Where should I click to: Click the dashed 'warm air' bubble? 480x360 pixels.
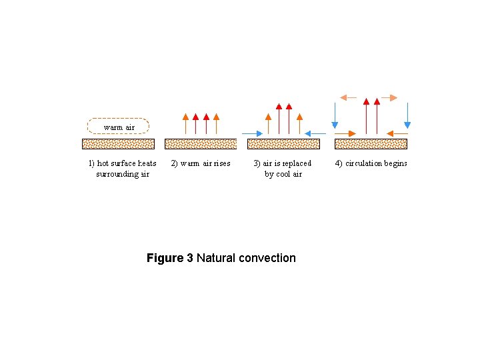tap(119, 126)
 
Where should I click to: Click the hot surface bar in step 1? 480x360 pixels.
tap(119, 143)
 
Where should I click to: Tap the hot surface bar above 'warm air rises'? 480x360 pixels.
tap(201, 143)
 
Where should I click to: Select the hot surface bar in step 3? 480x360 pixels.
tap(283, 143)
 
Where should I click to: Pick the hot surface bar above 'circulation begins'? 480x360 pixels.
tap(371, 143)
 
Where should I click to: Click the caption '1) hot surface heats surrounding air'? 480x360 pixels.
tap(123, 169)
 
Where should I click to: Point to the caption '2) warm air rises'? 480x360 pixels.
tap(201, 163)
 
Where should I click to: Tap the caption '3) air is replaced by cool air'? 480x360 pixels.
tap(283, 169)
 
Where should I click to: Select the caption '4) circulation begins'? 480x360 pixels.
tap(371, 163)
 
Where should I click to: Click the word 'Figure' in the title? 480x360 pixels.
tap(165, 258)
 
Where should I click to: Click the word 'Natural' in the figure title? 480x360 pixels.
tap(211, 258)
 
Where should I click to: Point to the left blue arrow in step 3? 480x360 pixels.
tap(253, 134)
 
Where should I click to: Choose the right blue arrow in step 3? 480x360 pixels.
tap(315, 134)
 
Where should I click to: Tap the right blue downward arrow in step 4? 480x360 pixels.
tap(407, 113)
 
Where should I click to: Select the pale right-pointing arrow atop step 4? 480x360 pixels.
tap(389, 97)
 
